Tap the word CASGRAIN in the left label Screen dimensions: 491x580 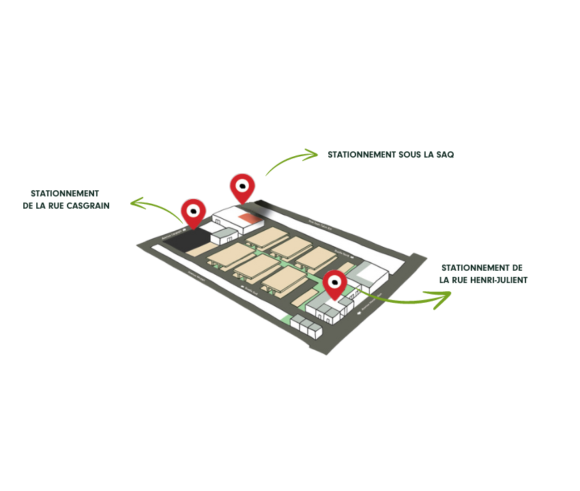(x=85, y=205)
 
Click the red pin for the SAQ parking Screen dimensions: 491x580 (x=242, y=186)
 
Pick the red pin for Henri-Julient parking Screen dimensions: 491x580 (x=334, y=283)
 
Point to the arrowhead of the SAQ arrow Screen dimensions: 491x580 (x=313, y=154)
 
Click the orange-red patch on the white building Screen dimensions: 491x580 (x=250, y=218)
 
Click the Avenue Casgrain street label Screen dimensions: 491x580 (x=173, y=236)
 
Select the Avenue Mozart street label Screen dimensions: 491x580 (x=197, y=277)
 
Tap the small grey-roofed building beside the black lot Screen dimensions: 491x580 (x=224, y=237)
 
